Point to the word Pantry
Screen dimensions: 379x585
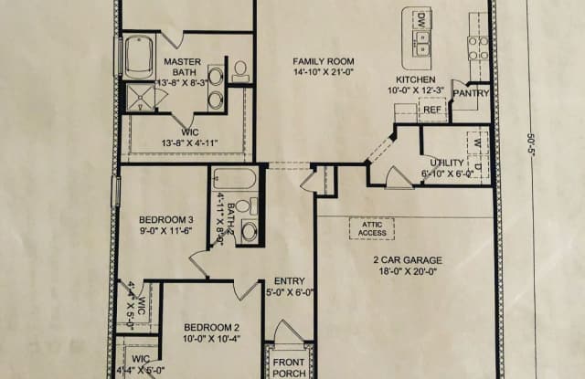pos(472,93)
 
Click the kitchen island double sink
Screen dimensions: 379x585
pos(421,39)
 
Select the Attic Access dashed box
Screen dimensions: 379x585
pos(371,227)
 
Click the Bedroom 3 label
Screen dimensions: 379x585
pos(165,219)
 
